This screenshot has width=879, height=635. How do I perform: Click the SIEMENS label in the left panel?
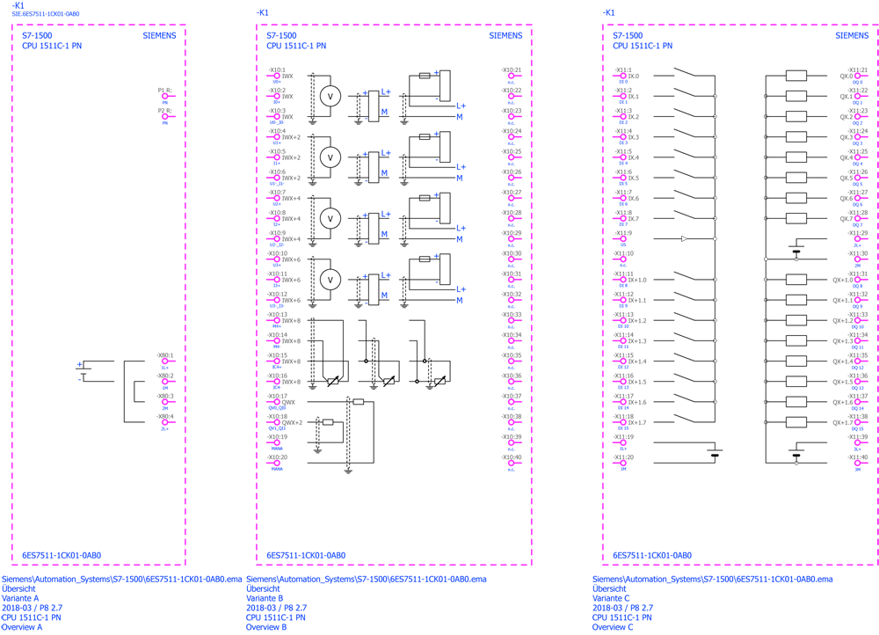point(159,35)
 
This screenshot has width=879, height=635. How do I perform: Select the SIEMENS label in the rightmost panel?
point(852,35)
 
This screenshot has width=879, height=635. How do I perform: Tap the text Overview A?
point(22,627)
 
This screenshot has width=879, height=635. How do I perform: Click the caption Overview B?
point(267,627)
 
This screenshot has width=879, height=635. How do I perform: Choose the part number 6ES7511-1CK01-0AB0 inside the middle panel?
point(306,556)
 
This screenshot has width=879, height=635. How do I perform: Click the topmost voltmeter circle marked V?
point(330,97)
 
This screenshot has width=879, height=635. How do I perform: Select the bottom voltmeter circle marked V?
point(330,279)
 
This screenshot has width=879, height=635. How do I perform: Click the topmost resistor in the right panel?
point(796,76)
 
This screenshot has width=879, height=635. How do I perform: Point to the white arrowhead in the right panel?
point(685,238)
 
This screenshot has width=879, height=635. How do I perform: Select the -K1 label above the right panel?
point(608,12)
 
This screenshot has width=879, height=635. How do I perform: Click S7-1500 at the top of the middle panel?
point(281,35)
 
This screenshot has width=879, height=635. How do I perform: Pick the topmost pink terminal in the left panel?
point(164,96)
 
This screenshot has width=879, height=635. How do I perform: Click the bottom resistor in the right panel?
point(796,422)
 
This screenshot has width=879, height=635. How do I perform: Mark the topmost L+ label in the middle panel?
point(385,92)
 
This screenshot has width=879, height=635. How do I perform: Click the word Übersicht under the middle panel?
point(263,588)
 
